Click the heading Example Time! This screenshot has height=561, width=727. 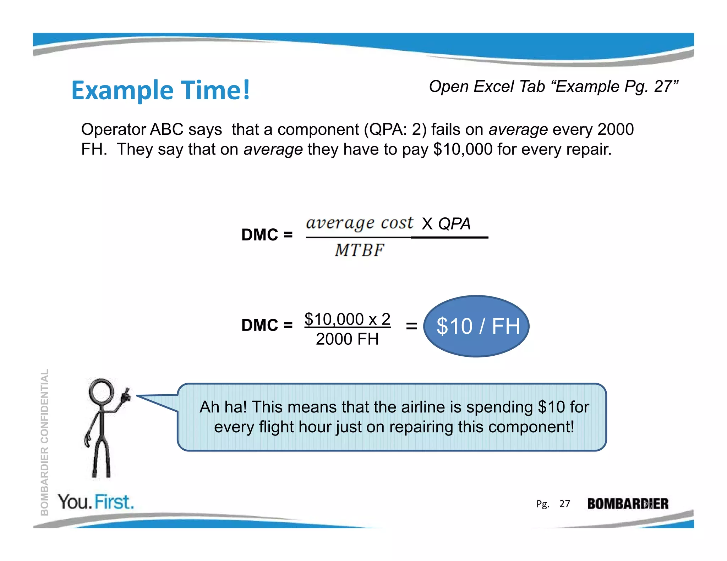pos(160,90)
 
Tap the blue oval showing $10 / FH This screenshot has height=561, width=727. pos(476,326)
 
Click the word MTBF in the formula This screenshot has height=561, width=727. pos(359,250)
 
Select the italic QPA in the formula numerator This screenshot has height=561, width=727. pos(454,224)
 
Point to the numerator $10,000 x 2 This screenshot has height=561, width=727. pos(347,319)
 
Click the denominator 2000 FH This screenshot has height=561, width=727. pos(347,339)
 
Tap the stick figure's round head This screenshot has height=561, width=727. pos(101,391)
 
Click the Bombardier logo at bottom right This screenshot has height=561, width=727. pos(627,504)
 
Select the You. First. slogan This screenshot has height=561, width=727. pos(96,502)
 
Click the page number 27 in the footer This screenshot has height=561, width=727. pos(564,504)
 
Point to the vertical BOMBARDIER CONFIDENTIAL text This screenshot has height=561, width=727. pos(44,441)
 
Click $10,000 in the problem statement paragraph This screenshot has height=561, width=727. pos(463,149)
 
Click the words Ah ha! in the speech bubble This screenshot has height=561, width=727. pos(223,407)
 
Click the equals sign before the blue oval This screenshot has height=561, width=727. pos(411,326)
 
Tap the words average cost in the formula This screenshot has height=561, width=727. pos(359,223)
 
